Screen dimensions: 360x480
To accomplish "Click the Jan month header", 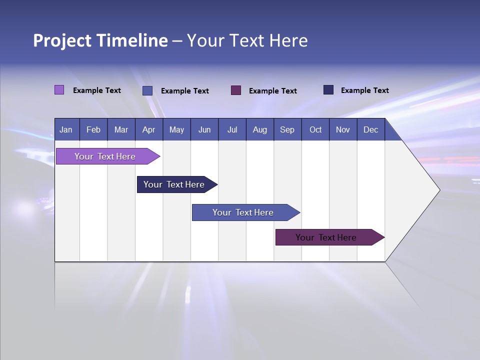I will (x=66, y=130).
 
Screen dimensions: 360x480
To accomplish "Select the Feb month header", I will (x=93, y=130).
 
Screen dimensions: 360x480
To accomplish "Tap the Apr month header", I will (x=148, y=130).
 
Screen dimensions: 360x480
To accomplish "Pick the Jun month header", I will (x=204, y=130).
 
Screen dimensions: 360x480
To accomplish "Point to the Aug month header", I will (x=259, y=130).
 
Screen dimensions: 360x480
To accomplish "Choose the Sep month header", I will (x=287, y=130).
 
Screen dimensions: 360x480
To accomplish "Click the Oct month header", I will (x=315, y=130).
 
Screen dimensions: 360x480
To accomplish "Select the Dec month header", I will (x=370, y=130).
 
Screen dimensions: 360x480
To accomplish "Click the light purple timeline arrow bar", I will (x=105, y=156).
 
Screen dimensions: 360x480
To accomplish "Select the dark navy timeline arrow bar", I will (x=174, y=184).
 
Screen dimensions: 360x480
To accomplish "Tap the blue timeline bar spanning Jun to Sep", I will (x=243, y=212).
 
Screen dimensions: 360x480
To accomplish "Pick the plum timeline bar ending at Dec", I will (x=326, y=237).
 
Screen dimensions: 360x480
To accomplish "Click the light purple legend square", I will (x=59, y=90).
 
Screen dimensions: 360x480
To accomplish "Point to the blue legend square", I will (x=147, y=90).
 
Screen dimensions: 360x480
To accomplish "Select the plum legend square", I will (x=236, y=90).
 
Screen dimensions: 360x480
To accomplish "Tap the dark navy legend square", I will (x=328, y=90).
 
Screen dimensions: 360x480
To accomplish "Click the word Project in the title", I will (x=62, y=40).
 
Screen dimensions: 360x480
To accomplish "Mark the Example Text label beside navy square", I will (x=364, y=90).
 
